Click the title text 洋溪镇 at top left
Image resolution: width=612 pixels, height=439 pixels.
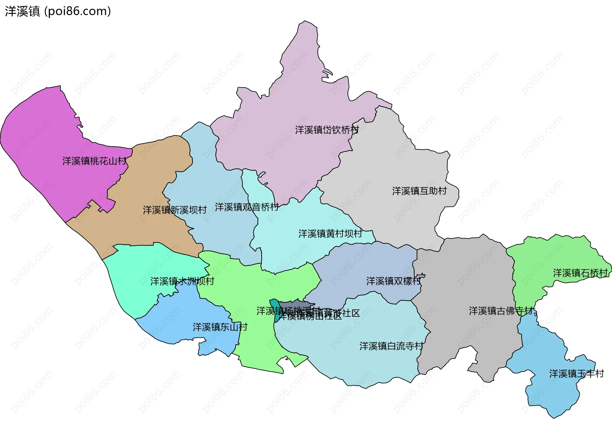(x=22, y=11)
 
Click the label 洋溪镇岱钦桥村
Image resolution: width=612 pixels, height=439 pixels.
(x=327, y=130)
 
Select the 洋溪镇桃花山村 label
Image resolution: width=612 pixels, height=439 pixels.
(x=94, y=161)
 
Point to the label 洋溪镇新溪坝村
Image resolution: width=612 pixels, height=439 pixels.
(x=175, y=210)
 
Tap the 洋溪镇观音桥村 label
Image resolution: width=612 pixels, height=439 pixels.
(x=247, y=207)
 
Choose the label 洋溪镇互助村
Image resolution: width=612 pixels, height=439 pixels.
(x=419, y=191)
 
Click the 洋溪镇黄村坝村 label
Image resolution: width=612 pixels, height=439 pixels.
(x=330, y=234)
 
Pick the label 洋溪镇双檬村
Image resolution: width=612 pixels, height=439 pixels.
(x=393, y=281)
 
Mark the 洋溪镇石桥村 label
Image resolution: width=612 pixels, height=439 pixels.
(x=580, y=273)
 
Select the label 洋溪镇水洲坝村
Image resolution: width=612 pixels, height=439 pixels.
(x=182, y=281)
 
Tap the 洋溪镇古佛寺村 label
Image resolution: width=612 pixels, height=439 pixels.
(x=501, y=311)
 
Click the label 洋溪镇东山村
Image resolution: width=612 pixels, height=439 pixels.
(x=220, y=327)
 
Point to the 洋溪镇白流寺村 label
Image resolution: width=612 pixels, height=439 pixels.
(x=391, y=346)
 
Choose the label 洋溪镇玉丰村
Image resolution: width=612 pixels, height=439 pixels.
(x=576, y=374)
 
